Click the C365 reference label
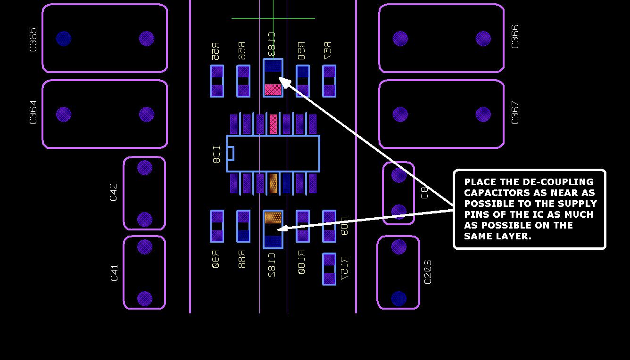point(33,40)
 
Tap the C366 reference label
point(515,36)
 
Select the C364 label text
point(33,113)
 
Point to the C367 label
point(515,113)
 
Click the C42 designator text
point(113,192)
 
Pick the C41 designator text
point(114,273)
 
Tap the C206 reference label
point(428,272)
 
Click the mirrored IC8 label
point(216,155)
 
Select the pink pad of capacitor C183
point(273,90)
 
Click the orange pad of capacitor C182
point(273,218)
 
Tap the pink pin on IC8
point(273,124)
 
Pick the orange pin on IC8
point(273,183)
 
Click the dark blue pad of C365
point(64,39)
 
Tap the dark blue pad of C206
point(399,298)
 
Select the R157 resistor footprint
point(329,269)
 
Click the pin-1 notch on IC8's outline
point(230,154)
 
